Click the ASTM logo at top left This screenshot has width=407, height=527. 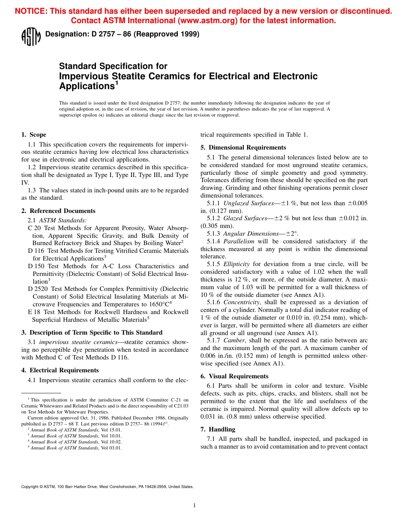click(31, 36)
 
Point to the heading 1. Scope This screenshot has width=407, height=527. click(34, 135)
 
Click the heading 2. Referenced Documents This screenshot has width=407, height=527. click(58, 211)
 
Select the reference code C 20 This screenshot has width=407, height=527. click(33, 228)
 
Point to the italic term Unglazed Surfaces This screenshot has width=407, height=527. click(248, 203)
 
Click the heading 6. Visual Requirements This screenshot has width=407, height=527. click(234, 376)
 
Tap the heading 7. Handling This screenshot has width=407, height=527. click(218, 429)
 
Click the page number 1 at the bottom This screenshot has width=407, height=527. click(194, 506)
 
